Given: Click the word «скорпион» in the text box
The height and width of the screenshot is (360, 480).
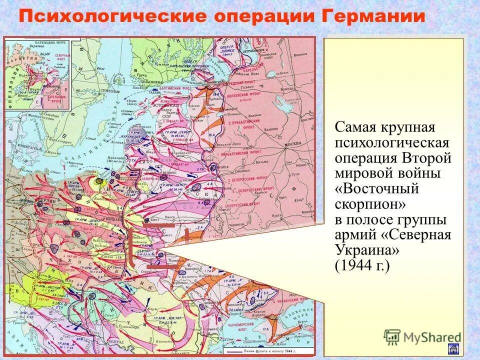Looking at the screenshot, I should [x=369, y=205].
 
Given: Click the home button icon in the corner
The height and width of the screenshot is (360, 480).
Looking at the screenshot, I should [x=454, y=349].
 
